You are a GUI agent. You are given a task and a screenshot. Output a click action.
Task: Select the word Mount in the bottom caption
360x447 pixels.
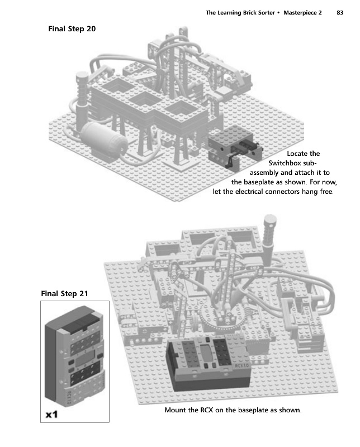(x=176, y=411)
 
